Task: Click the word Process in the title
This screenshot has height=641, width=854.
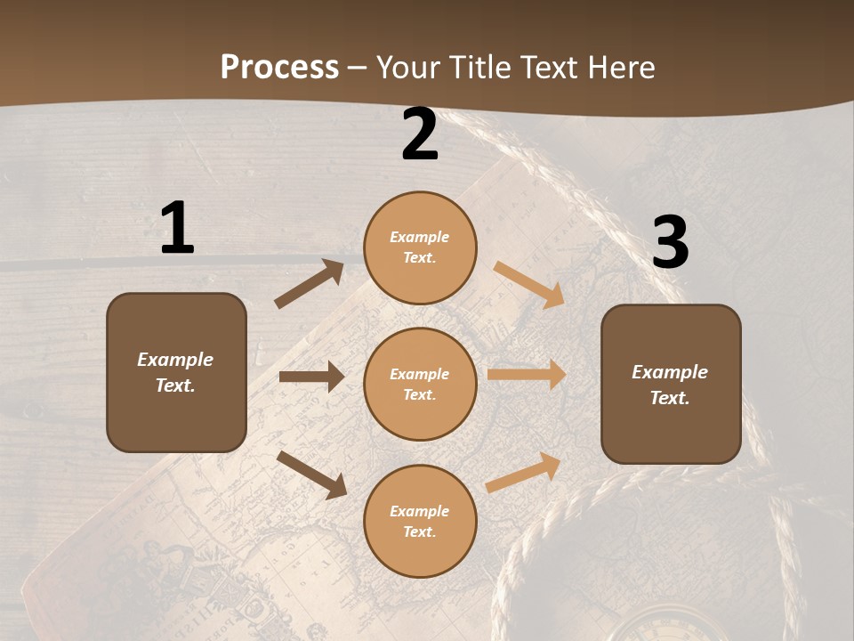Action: click(x=279, y=68)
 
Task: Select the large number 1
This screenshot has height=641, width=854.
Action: click(x=177, y=229)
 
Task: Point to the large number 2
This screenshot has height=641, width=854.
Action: click(x=420, y=134)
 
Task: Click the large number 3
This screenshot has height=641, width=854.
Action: click(x=670, y=243)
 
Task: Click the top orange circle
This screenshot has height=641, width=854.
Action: click(x=420, y=247)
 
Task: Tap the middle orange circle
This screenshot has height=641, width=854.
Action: click(x=420, y=384)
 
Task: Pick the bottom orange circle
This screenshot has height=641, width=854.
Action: click(x=420, y=521)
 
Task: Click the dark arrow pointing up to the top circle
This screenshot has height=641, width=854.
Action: click(x=310, y=284)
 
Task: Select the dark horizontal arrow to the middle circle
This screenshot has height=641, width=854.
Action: click(x=312, y=377)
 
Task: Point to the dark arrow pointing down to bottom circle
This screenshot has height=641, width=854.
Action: click(x=312, y=474)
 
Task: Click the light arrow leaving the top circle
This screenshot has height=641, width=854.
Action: click(x=529, y=285)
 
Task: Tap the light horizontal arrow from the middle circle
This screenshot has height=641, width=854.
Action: click(x=527, y=375)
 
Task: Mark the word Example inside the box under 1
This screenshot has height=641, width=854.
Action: click(x=175, y=360)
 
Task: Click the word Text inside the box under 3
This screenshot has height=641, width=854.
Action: click(x=670, y=398)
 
